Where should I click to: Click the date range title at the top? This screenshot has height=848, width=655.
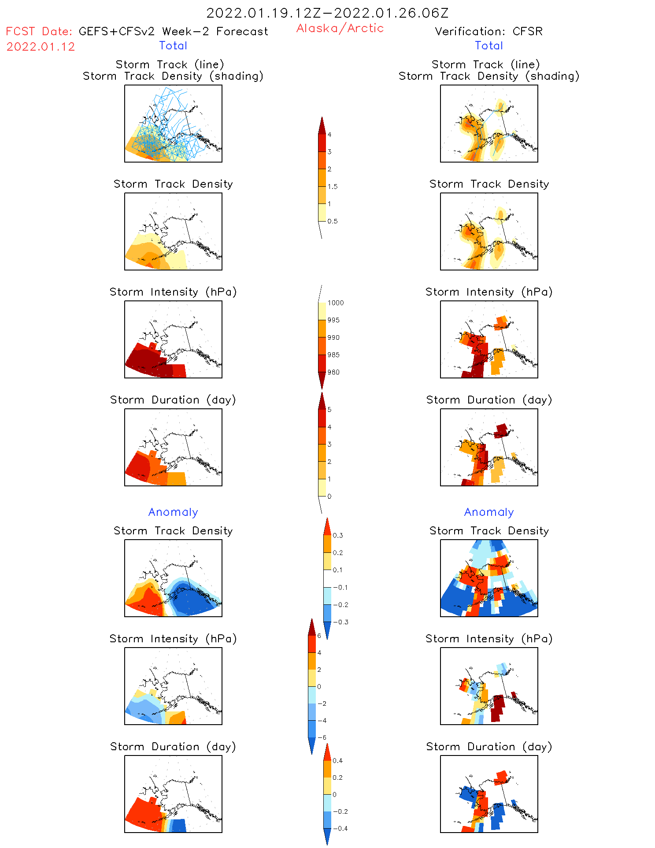tap(327, 13)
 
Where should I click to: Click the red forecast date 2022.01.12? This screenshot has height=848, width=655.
tap(41, 47)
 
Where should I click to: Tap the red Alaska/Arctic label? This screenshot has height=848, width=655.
tap(340, 28)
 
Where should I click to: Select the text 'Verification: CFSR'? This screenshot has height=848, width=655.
tap(488, 31)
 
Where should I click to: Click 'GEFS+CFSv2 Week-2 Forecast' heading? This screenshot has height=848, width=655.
tap(173, 31)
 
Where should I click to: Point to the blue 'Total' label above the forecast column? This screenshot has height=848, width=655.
tap(173, 45)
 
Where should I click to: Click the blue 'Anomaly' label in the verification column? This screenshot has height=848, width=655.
tap(489, 512)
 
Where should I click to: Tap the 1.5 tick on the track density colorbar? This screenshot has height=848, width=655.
tap(333, 186)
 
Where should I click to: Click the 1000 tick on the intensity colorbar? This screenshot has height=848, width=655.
tap(335, 303)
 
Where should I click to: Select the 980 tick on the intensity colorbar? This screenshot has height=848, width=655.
tap(333, 372)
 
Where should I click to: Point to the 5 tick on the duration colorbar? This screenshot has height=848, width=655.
tap(329, 410)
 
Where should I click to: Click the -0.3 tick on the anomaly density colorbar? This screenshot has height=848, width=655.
tap(340, 622)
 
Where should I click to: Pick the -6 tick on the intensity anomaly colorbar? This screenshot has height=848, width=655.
tap(322, 737)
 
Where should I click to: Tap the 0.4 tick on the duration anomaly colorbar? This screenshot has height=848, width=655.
tap(337, 761)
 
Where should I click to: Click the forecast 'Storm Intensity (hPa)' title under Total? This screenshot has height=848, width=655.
tap(173, 292)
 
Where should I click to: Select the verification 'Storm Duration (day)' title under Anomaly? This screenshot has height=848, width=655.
tap(489, 747)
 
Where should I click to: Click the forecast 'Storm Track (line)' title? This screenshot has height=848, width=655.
tap(170, 64)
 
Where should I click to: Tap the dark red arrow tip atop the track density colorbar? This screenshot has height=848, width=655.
tap(322, 125)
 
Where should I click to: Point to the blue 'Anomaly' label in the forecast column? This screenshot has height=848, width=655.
tap(173, 512)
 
